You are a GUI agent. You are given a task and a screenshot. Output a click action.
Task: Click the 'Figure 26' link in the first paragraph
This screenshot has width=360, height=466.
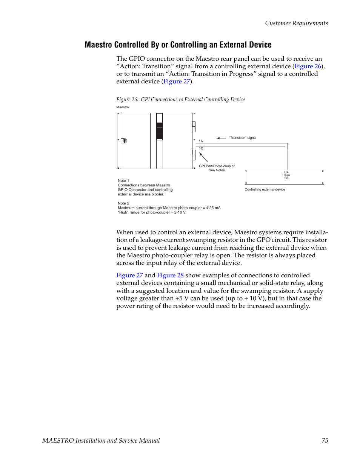click(x=308, y=66)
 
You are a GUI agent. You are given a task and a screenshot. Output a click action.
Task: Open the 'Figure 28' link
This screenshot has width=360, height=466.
click(x=170, y=275)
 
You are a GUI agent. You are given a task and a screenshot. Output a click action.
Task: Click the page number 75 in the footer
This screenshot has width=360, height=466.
click(x=325, y=440)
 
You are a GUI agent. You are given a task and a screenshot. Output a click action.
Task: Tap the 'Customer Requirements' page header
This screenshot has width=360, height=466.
click(x=296, y=23)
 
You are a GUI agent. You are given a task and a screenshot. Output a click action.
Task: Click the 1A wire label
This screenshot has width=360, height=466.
click(x=201, y=141)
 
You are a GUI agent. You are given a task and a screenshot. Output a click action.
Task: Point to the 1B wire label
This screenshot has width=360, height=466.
click(x=201, y=148)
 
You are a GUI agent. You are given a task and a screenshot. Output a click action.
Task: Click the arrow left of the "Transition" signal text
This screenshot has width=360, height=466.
click(x=221, y=138)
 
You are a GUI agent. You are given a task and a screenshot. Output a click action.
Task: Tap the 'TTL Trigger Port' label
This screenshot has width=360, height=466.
click(x=286, y=175)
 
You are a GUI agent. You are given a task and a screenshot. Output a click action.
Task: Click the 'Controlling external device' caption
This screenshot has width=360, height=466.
click(x=265, y=189)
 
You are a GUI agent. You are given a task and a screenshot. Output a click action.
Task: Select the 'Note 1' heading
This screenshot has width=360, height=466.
click(x=123, y=181)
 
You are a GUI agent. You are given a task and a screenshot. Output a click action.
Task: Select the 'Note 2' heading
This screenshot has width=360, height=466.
click(x=123, y=203)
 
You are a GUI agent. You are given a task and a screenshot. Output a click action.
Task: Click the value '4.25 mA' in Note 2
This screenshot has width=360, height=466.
click(x=213, y=208)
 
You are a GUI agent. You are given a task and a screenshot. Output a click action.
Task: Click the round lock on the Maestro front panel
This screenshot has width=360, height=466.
click(x=124, y=141)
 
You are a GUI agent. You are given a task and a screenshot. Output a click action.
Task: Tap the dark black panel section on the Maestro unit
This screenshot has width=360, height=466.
click(x=160, y=131)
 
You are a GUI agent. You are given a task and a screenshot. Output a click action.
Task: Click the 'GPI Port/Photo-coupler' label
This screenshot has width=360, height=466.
click(x=217, y=166)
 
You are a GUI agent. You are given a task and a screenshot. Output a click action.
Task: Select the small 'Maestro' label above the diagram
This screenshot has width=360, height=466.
click(x=122, y=107)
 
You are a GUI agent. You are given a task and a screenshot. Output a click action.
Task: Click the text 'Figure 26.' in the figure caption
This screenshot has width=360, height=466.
click(x=127, y=100)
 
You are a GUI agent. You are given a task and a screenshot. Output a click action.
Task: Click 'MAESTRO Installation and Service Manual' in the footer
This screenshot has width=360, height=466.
click(x=101, y=440)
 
